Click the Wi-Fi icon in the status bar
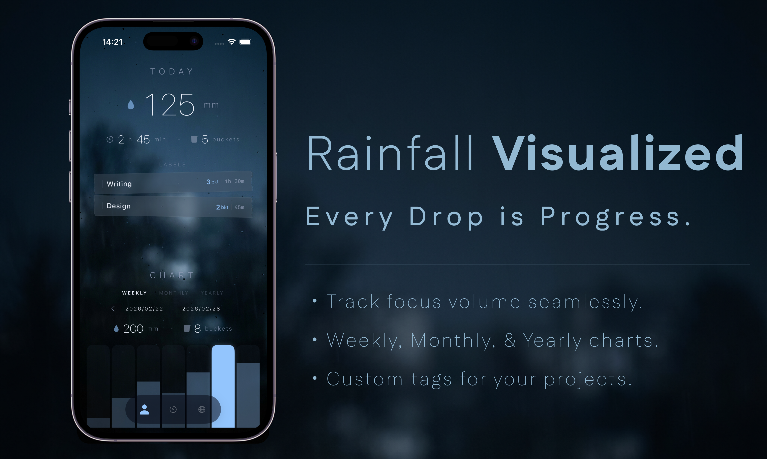(x=232, y=41)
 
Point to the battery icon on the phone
(x=246, y=42)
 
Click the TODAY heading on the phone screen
(x=172, y=71)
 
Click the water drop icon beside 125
(x=131, y=105)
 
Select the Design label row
(x=173, y=206)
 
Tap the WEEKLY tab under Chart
(x=134, y=293)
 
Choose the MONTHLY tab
(x=174, y=293)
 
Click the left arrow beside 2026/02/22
(x=113, y=309)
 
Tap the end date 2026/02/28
(x=201, y=309)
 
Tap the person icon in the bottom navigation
(x=144, y=409)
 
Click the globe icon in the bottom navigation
(x=202, y=409)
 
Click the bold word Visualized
(x=617, y=154)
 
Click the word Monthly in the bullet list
(x=453, y=340)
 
